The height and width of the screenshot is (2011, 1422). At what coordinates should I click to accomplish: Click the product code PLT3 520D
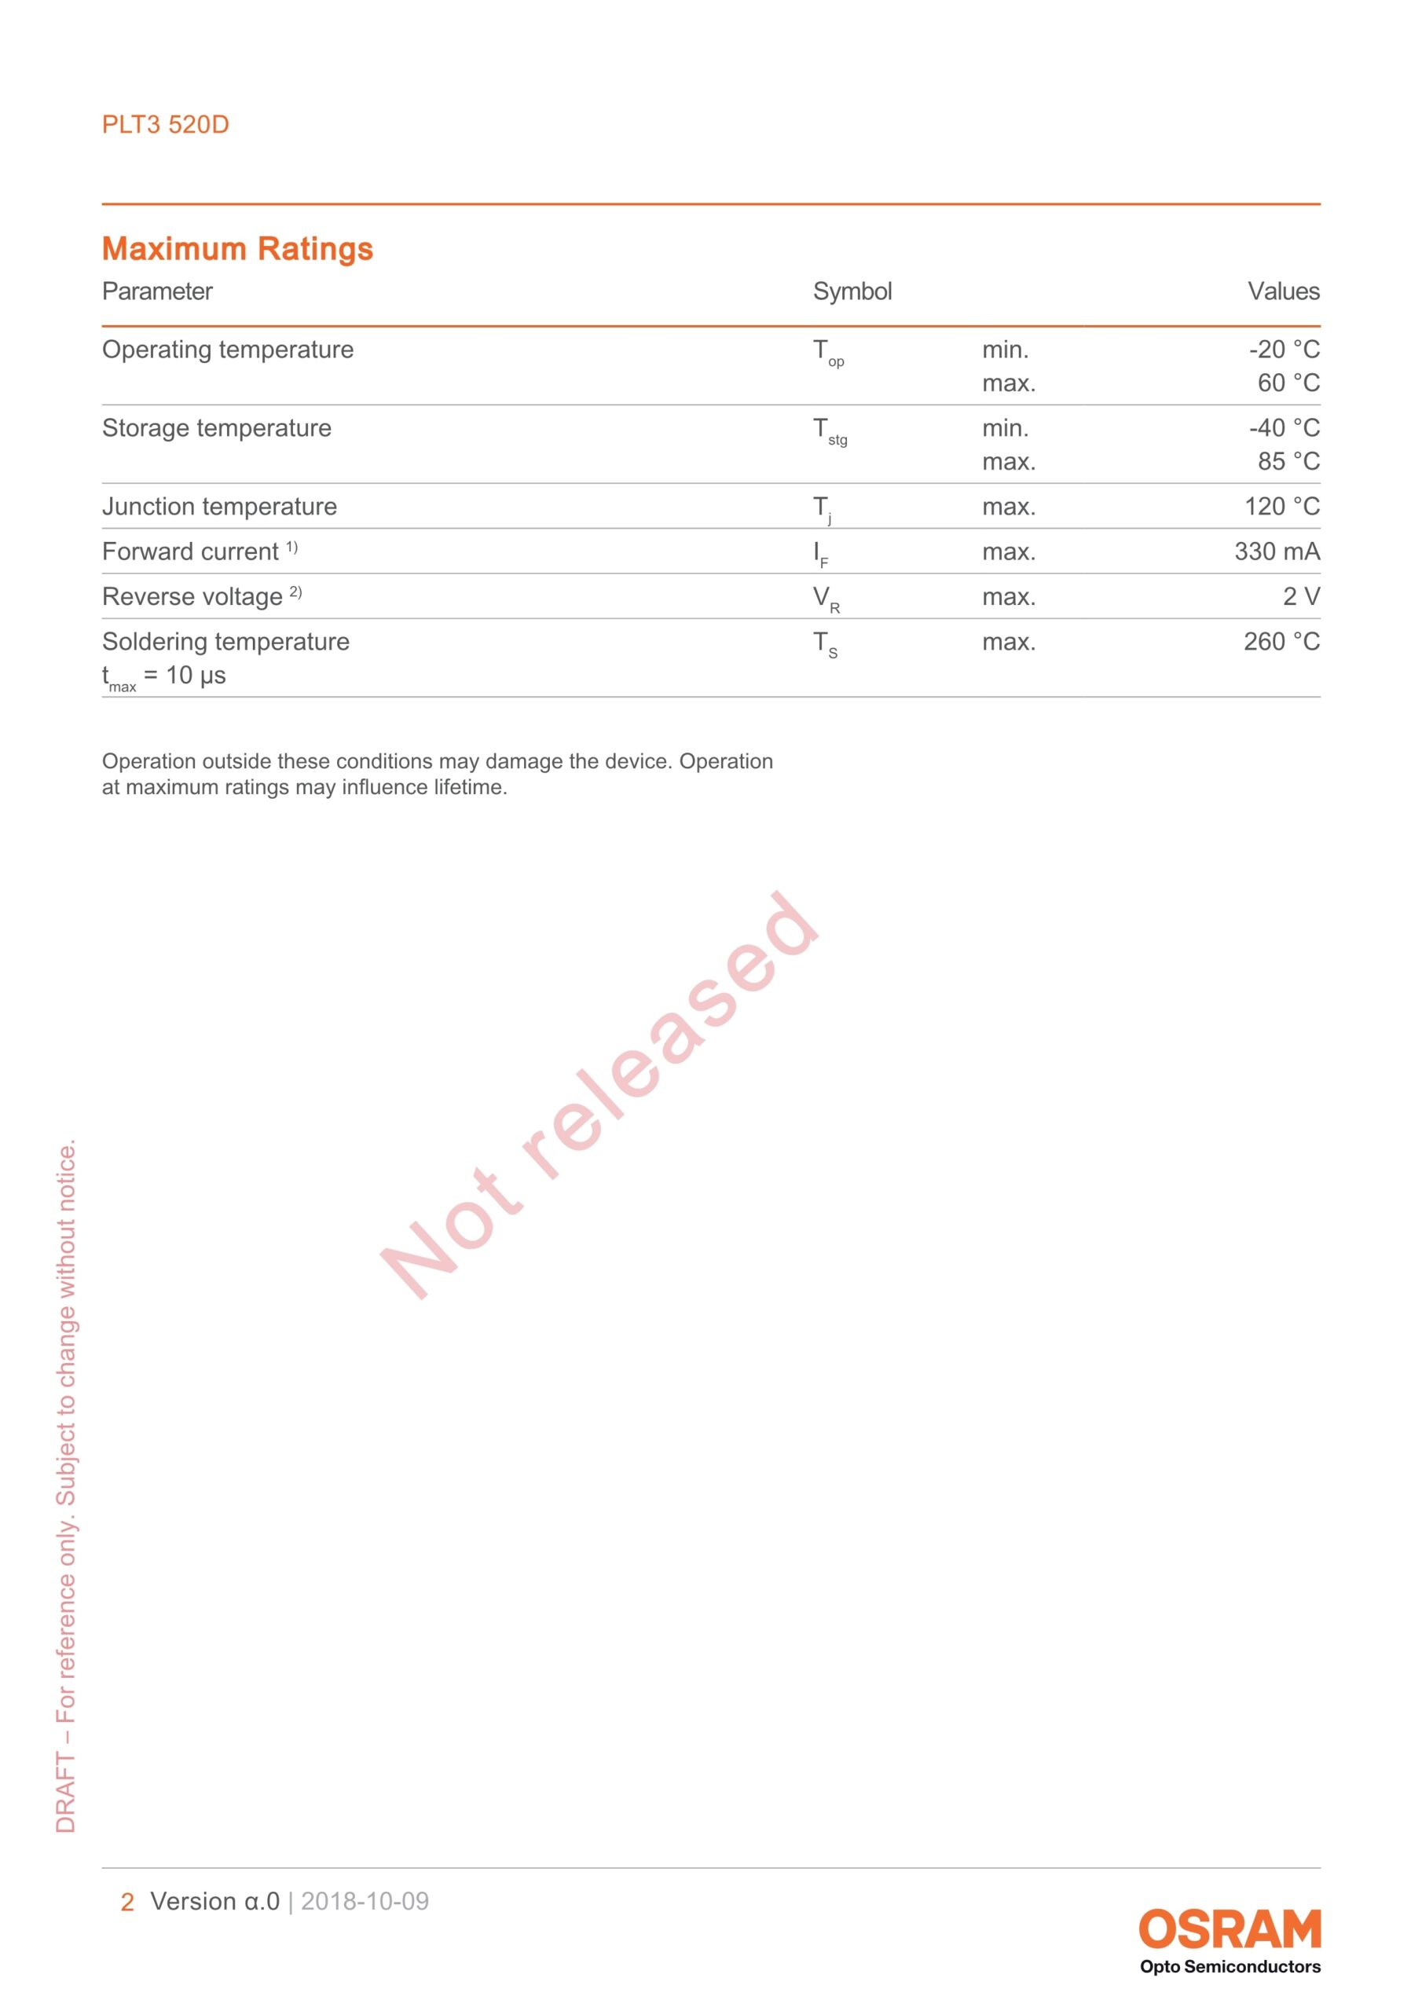(x=165, y=124)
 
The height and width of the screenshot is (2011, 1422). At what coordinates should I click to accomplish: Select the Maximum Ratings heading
(x=237, y=249)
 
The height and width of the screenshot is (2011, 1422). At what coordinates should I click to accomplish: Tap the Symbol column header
(x=852, y=291)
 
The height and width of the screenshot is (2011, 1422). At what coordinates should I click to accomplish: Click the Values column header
(x=1283, y=291)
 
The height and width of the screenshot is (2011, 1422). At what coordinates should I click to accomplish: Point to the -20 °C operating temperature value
(x=1284, y=350)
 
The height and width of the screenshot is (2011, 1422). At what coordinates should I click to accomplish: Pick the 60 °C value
(x=1288, y=383)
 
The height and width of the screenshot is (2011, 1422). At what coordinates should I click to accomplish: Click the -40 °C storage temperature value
(x=1284, y=428)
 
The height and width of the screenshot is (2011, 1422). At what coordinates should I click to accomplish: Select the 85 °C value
(x=1288, y=462)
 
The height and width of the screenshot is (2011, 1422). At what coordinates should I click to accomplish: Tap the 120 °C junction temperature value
(x=1282, y=506)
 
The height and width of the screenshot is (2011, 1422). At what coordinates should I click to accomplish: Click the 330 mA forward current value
(x=1277, y=551)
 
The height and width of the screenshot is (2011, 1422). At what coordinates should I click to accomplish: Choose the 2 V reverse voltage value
(x=1301, y=596)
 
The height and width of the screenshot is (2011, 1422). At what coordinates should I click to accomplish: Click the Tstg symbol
(x=829, y=432)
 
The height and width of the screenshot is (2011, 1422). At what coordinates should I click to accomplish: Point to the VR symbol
(x=826, y=599)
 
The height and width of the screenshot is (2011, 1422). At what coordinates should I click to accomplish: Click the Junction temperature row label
(x=219, y=506)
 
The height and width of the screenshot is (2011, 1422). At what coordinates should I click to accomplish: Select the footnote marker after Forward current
(x=291, y=548)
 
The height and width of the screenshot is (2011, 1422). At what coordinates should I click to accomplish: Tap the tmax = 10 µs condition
(x=164, y=676)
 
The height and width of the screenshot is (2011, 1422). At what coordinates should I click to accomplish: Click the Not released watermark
(x=599, y=1095)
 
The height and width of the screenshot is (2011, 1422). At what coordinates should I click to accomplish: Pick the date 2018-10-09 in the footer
(x=365, y=1902)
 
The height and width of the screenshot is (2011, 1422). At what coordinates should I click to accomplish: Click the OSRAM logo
(x=1230, y=1929)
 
